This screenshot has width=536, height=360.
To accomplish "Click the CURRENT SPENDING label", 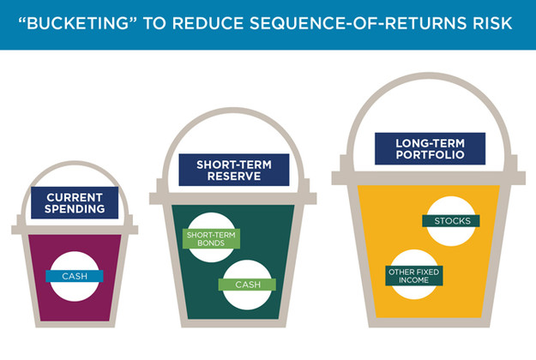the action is tap(75, 203).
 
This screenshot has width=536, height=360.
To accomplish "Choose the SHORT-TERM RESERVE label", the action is tap(234, 170).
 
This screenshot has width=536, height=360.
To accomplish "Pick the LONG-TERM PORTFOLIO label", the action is tap(430, 148).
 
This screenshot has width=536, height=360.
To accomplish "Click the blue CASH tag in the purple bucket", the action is tap(75, 276).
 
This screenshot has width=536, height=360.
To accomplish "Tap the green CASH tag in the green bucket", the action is tap(248, 285).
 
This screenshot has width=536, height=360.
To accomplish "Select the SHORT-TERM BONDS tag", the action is tap(211, 239).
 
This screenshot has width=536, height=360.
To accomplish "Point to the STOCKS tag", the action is tap(451, 221).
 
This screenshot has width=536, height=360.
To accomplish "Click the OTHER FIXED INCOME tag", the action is tap(413, 276).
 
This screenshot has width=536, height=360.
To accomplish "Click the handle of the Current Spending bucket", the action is tap(75, 163).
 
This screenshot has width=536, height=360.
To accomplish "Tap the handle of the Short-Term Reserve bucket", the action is tap(234, 110).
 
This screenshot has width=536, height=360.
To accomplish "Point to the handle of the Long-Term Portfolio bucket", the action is tap(429, 75).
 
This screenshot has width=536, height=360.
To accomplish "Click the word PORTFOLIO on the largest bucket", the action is tap(430, 155).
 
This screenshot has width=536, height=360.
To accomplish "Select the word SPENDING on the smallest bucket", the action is tap(75, 209).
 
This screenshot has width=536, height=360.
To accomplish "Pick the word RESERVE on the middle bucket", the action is tap(234, 177).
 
